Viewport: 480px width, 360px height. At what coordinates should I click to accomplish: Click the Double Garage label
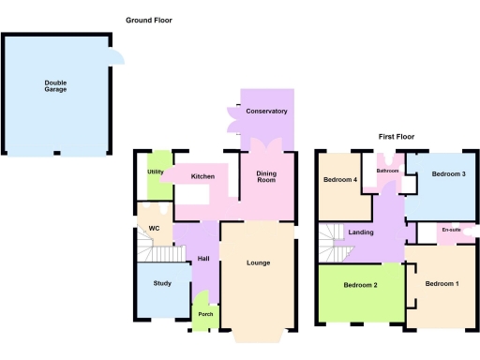tap(55, 87)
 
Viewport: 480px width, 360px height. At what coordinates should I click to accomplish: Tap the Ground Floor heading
tap(149, 20)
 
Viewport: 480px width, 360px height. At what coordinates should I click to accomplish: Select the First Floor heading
tap(397, 136)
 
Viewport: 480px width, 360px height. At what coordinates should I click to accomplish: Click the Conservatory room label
tap(267, 112)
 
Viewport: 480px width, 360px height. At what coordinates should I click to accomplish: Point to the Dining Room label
tap(266, 175)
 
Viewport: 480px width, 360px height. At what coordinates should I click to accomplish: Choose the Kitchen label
tap(203, 176)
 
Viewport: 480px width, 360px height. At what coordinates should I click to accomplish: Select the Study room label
tap(162, 283)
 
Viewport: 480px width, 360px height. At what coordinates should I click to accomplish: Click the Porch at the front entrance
tap(205, 314)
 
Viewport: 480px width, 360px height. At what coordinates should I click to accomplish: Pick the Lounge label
tap(259, 262)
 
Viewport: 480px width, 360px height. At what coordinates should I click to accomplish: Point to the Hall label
tap(202, 260)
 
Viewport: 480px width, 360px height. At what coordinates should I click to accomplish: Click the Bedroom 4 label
tap(340, 179)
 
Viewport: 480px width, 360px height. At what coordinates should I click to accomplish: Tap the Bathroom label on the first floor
tap(388, 171)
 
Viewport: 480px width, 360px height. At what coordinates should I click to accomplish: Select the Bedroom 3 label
tap(449, 174)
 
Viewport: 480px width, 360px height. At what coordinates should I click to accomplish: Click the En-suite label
tap(452, 230)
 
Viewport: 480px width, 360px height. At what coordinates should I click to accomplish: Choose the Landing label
tap(361, 232)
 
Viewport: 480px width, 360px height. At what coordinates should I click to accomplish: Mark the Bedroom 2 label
tap(360, 285)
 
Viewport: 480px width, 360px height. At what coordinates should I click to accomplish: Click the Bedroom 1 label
tap(442, 283)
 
